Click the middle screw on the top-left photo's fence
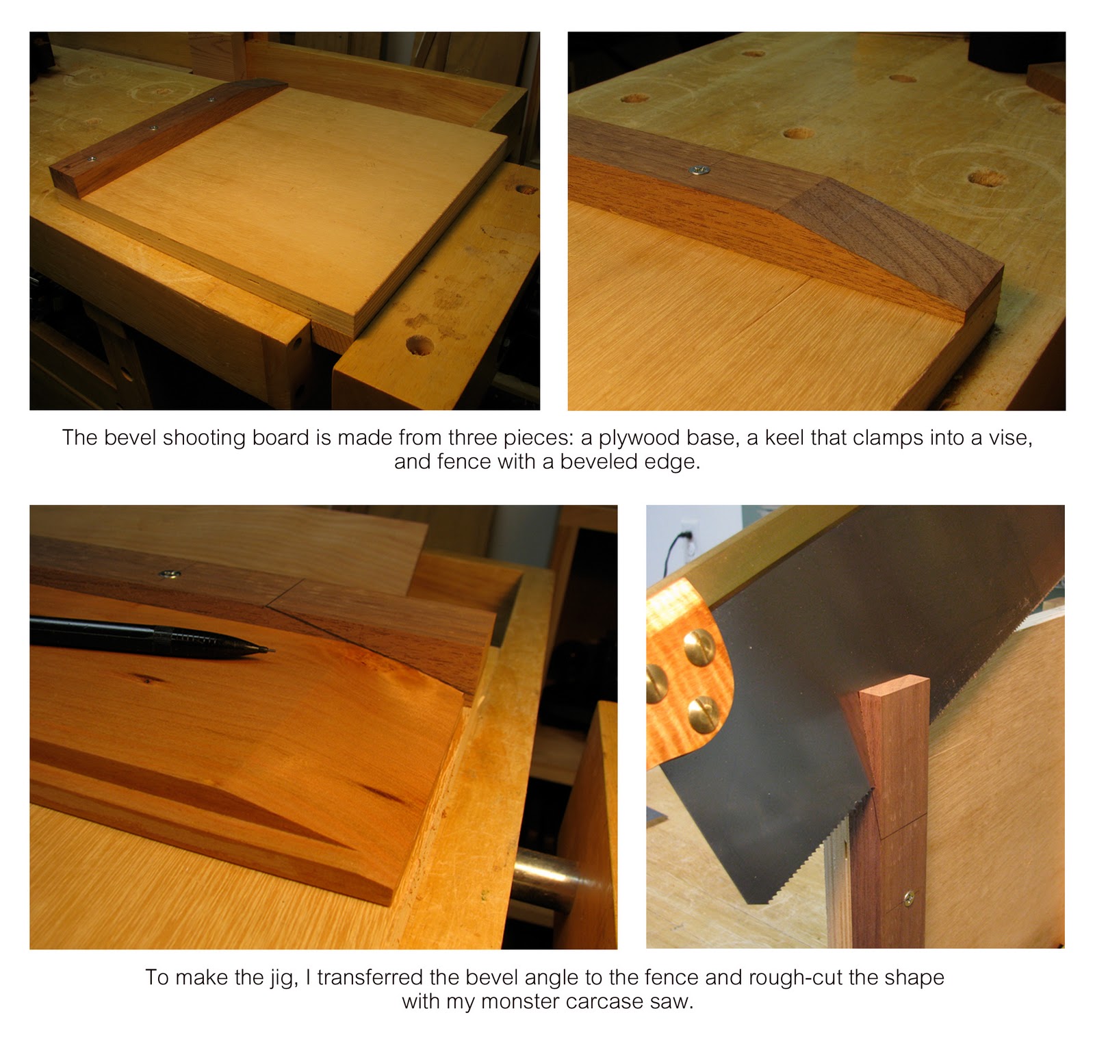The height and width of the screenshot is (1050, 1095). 152,127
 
